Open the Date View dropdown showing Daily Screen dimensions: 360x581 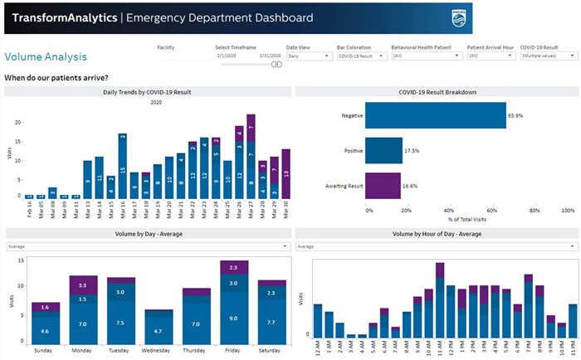coord(309,56)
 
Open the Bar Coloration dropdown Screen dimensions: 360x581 coord(361,56)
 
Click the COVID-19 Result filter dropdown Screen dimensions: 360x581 coord(549,56)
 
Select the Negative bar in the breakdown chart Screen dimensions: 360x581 coord(436,115)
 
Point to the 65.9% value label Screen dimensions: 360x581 coord(516,116)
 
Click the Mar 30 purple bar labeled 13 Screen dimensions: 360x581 coord(286,173)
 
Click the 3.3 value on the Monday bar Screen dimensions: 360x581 coord(83,285)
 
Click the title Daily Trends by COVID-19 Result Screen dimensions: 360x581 coord(148,91)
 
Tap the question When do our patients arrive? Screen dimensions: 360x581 coord(56,77)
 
